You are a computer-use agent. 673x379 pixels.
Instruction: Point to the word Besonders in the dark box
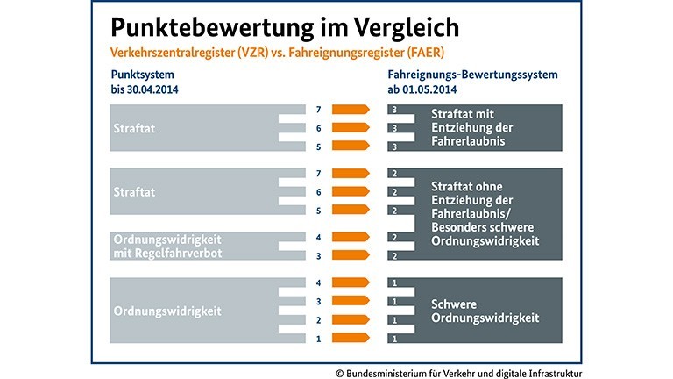tap(462, 225)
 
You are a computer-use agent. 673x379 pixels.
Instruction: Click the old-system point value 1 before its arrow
tap(319, 338)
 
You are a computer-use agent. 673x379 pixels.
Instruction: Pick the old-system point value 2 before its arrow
tap(319, 319)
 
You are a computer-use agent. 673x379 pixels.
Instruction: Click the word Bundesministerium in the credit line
tap(391, 371)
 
